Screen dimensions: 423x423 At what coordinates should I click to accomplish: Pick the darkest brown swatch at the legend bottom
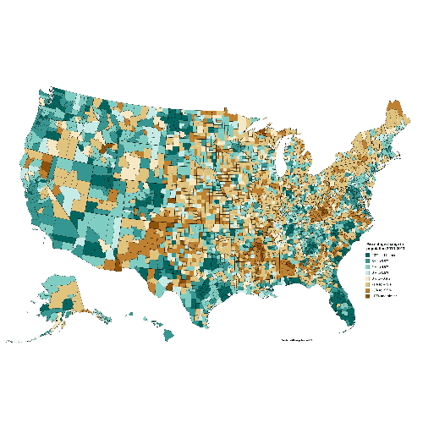(368, 296)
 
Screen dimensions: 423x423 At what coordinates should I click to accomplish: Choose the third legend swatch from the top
(368, 268)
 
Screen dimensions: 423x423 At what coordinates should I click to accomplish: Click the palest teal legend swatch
(368, 275)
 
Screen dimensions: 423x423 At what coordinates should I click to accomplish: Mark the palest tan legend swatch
(368, 282)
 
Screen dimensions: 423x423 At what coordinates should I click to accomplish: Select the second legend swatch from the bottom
(368, 289)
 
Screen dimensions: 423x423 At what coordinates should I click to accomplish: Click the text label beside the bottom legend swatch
(383, 296)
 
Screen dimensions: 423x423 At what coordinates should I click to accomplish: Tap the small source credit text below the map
(296, 340)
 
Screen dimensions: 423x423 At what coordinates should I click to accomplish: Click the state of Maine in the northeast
(393, 114)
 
